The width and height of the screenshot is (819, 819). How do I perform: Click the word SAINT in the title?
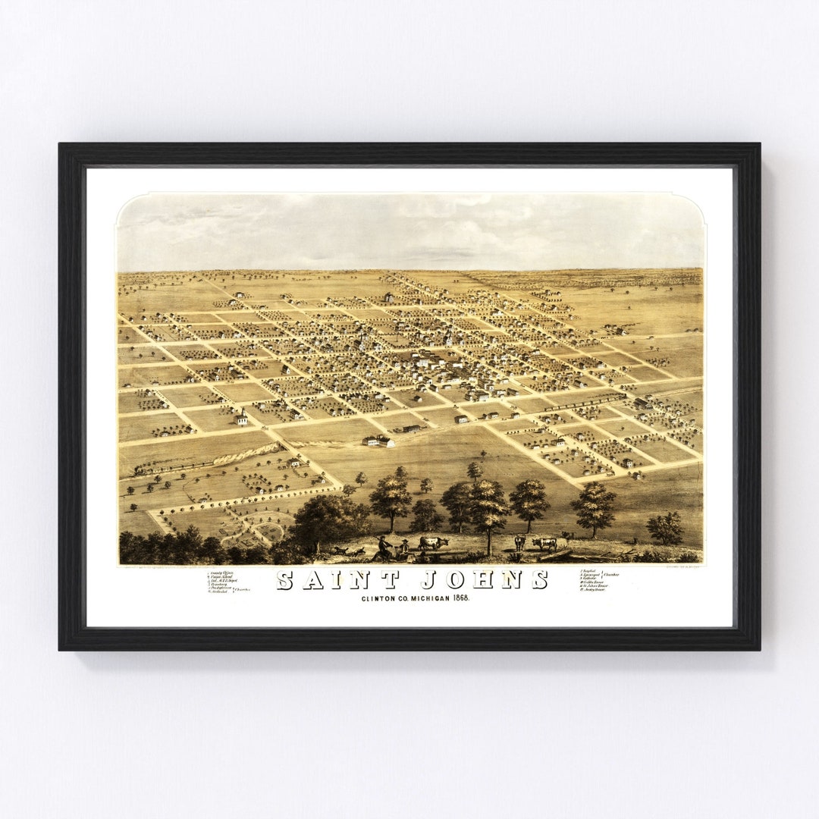coord(338,580)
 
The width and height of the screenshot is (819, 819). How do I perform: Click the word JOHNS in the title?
coord(485,580)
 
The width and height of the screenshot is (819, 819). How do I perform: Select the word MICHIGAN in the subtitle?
coord(416,598)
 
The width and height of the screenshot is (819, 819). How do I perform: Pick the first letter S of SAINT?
coord(284,580)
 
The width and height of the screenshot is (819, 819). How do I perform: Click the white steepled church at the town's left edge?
coord(242,417)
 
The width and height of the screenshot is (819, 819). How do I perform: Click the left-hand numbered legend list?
coord(224,581)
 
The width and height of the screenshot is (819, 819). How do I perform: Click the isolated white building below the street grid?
coord(378,441)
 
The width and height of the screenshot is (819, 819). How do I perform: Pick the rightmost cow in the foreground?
coord(544,543)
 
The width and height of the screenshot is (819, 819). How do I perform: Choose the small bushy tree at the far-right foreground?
coord(665,528)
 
